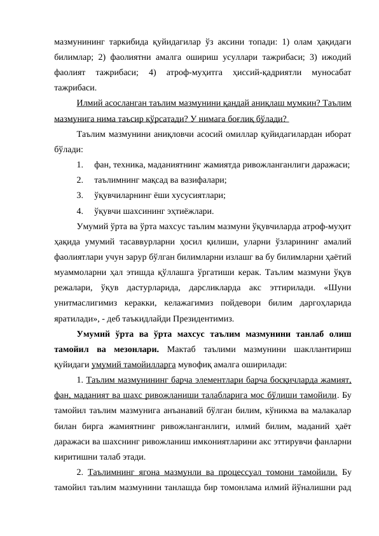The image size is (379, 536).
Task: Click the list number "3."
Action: coord(79,195)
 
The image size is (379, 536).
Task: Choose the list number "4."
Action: coord(79,211)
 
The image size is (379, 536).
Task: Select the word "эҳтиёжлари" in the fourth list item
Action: coord(190,211)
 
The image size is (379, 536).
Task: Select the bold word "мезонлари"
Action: coord(118,349)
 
